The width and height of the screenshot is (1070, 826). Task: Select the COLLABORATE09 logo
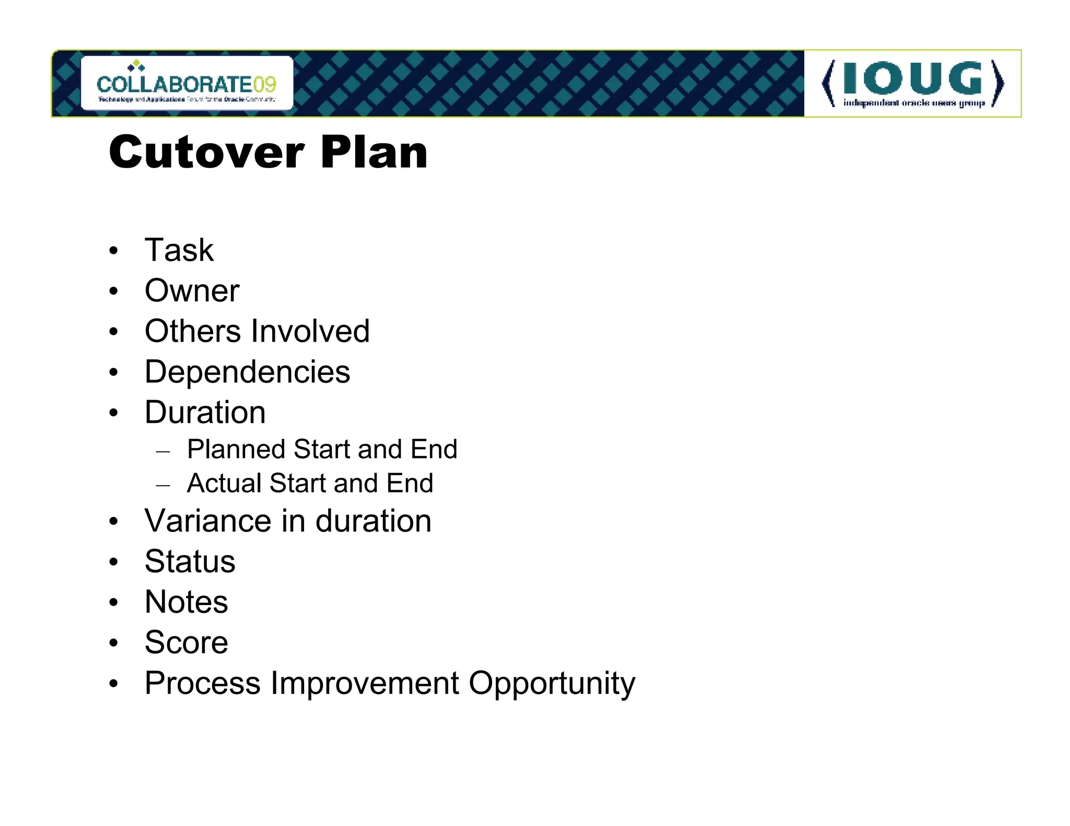pyautogui.click(x=187, y=84)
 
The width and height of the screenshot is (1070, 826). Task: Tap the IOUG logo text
pyautogui.click(x=913, y=79)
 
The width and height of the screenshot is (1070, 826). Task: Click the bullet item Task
pyautogui.click(x=179, y=250)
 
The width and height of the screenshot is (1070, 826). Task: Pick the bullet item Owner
pyautogui.click(x=192, y=290)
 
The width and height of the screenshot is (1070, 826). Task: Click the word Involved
pyautogui.click(x=310, y=331)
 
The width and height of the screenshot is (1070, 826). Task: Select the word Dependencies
pyautogui.click(x=247, y=372)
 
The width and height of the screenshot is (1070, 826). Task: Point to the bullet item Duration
pyautogui.click(x=205, y=412)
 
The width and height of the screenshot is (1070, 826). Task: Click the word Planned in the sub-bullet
pyautogui.click(x=236, y=449)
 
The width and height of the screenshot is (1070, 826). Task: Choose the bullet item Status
pyautogui.click(x=190, y=561)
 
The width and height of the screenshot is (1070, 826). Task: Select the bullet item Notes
pyautogui.click(x=186, y=601)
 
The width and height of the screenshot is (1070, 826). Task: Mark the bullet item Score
pyautogui.click(x=186, y=642)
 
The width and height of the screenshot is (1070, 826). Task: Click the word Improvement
pyautogui.click(x=364, y=683)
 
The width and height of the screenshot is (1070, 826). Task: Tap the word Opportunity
pyautogui.click(x=552, y=684)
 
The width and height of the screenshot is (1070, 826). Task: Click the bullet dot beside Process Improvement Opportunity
pyautogui.click(x=114, y=684)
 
